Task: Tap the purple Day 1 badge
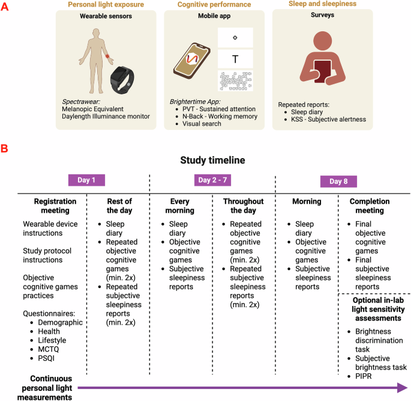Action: click(87, 180)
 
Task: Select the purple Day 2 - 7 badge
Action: click(212, 180)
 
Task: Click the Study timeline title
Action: click(212, 161)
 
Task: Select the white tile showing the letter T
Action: click(235, 58)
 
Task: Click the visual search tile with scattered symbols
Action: click(235, 81)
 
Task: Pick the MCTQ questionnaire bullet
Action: click(46, 350)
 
